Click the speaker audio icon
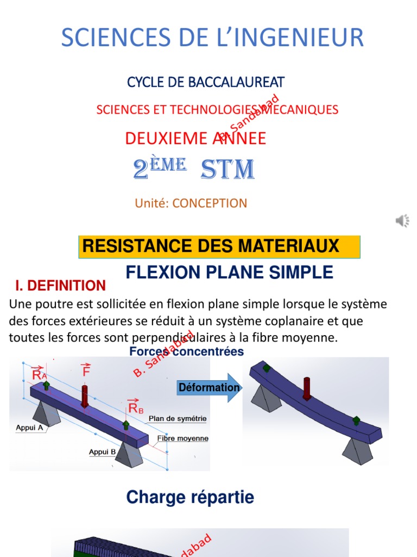tap(402, 220)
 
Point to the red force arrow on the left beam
tap(85, 395)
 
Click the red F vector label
tap(86, 371)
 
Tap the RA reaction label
tap(39, 374)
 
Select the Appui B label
tap(102, 451)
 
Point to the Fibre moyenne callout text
tap(182, 438)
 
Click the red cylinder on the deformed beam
tap(306, 387)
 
